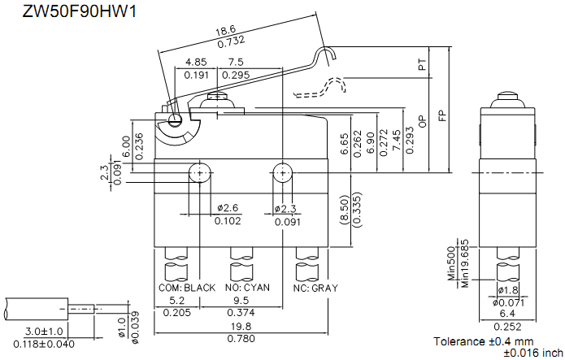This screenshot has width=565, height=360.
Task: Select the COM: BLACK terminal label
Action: [187, 288]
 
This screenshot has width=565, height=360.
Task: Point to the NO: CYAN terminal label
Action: [247, 288]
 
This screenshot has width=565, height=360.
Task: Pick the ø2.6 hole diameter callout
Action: [228, 208]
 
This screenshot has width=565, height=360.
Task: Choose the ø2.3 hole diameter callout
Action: [286, 208]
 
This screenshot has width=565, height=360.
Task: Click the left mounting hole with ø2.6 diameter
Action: [199, 171]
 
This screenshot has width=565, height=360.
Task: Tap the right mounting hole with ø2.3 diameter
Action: [281, 171]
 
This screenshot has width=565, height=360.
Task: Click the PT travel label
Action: [422, 66]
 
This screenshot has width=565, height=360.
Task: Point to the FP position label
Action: [442, 115]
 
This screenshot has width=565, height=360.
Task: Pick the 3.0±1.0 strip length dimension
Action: [38, 332]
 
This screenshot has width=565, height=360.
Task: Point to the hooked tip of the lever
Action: [328, 55]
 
